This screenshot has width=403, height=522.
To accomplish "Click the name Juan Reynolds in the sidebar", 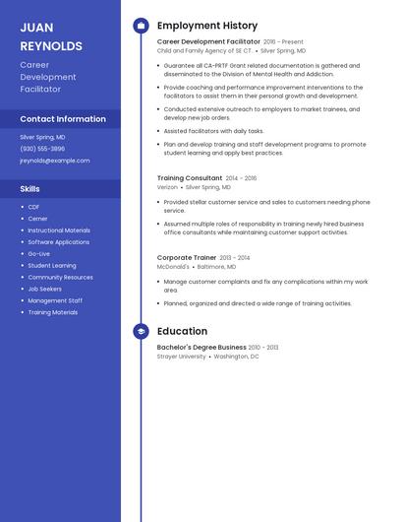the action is click(50, 36).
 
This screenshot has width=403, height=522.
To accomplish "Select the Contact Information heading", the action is click(63, 119).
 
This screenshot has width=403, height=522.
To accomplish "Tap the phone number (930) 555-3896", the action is click(42, 149).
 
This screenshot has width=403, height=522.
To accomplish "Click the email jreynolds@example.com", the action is click(54, 161).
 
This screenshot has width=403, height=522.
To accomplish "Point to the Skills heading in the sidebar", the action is click(30, 188).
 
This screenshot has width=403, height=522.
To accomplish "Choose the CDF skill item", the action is click(33, 207).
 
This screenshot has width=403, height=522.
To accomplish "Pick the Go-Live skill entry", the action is click(38, 253).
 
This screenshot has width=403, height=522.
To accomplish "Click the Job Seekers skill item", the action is click(45, 289).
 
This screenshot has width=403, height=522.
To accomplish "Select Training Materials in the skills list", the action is click(52, 312).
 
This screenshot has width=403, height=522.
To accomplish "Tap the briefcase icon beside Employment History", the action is click(141, 26).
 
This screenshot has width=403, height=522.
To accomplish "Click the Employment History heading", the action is click(207, 26).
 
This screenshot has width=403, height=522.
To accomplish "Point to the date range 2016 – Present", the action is click(283, 42).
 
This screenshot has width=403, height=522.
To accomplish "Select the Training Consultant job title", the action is click(190, 178).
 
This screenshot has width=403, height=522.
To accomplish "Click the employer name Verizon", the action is click(167, 187).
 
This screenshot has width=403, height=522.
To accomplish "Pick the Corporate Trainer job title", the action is click(187, 258).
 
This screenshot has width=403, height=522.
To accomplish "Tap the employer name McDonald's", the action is click(173, 267).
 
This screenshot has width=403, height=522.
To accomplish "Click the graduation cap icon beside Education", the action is click(141, 332).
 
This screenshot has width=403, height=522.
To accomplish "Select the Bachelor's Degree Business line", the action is click(201, 348).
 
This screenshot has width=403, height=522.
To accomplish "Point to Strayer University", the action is click(182, 357).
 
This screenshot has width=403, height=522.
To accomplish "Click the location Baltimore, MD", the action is click(223, 267).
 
